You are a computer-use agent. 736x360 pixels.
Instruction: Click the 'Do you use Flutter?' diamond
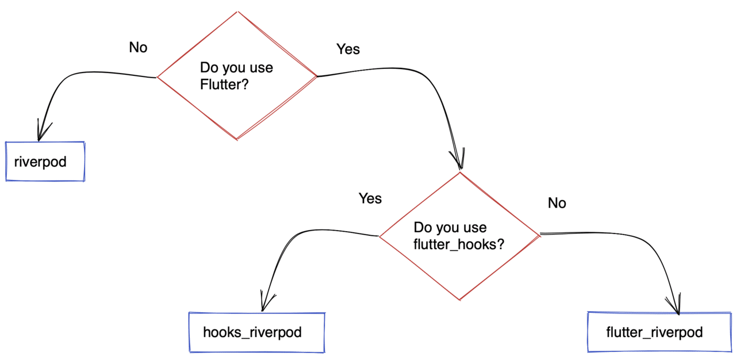pyautogui.click(x=237, y=75)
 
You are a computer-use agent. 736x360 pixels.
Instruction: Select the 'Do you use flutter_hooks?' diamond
pyautogui.click(x=459, y=235)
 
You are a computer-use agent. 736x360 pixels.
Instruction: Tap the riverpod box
pyautogui.click(x=45, y=162)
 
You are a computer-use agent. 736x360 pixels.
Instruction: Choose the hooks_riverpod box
pyautogui.click(x=257, y=332)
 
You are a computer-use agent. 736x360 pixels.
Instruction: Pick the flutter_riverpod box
pyautogui.click(x=659, y=332)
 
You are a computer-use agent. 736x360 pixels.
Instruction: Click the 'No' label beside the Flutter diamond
pyautogui.click(x=138, y=48)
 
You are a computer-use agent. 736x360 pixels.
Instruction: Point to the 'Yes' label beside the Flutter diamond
pyautogui.click(x=348, y=49)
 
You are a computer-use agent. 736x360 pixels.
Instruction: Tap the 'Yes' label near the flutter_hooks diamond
pyautogui.click(x=370, y=198)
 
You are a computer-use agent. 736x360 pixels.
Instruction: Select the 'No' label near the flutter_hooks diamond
pyautogui.click(x=557, y=203)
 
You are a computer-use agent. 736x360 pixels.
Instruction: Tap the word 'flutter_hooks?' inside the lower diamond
pyautogui.click(x=459, y=243)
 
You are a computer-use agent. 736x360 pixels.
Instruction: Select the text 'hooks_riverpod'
pyautogui.click(x=252, y=332)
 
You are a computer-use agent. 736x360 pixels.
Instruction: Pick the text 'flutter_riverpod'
pyautogui.click(x=654, y=332)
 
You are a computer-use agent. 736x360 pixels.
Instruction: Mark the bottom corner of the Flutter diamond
pyautogui.click(x=237, y=139)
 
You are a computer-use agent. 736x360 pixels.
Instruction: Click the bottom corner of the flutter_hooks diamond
pyautogui.click(x=459, y=299)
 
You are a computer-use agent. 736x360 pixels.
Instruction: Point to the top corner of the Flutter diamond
pyautogui.click(x=237, y=12)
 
